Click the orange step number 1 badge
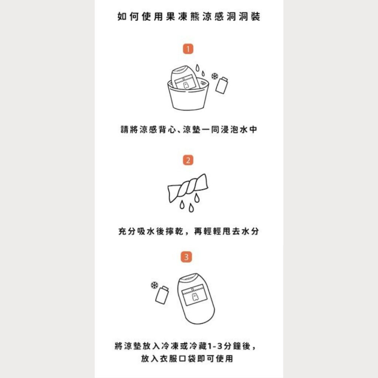point(188,49)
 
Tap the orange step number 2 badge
point(188,160)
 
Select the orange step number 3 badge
point(186,257)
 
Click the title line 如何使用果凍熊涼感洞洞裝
point(189,16)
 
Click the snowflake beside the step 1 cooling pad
point(214,76)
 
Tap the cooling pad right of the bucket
point(222,85)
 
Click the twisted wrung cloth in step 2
point(188,188)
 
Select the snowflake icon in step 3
point(155,285)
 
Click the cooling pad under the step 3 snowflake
point(162,295)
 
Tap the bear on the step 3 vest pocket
point(195,297)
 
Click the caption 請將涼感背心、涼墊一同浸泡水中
point(189,130)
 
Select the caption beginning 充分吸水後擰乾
point(189,231)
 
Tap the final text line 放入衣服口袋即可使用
point(187,358)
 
